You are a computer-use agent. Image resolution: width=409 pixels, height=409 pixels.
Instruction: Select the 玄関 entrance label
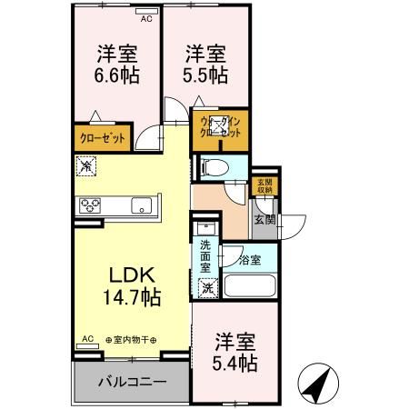(264, 218)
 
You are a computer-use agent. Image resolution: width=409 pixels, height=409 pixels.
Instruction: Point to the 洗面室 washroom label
(206, 250)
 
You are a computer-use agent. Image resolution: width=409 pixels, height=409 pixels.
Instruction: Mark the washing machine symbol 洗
(207, 288)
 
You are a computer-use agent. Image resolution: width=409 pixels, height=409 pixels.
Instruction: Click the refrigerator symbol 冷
(85, 167)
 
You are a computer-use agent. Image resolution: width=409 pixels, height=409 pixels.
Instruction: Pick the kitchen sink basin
(143, 204)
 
